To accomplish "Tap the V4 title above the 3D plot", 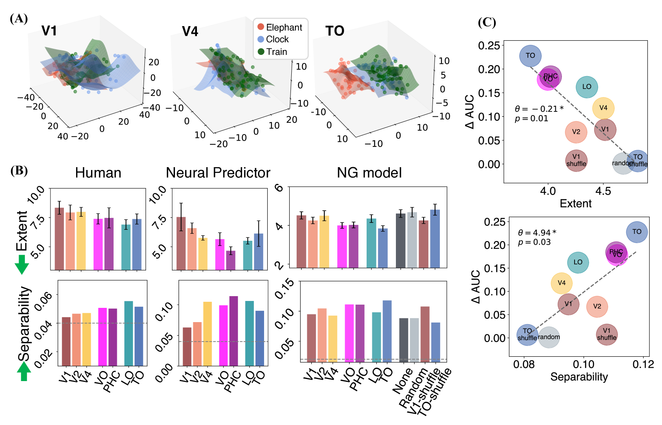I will point(190,31).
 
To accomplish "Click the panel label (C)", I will point(487,22).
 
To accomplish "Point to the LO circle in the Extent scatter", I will point(586,87).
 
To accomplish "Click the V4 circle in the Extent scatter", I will point(603,108).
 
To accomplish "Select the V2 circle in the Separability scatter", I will point(597,306).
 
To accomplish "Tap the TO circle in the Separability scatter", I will point(636,232).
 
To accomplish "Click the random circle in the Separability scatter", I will point(549,337).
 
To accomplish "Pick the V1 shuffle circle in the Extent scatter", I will point(576,160).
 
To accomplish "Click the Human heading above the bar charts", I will point(98,173).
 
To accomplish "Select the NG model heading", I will point(369,173).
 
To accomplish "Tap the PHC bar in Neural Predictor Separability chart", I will point(234,331).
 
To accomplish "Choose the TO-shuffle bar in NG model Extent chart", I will point(435,239).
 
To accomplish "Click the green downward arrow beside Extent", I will point(22,265).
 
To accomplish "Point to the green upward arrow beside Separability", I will point(24,371).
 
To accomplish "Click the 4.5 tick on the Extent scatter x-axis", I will point(603,191).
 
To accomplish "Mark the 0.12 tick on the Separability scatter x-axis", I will point(643,364).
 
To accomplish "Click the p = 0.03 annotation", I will point(534,242).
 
